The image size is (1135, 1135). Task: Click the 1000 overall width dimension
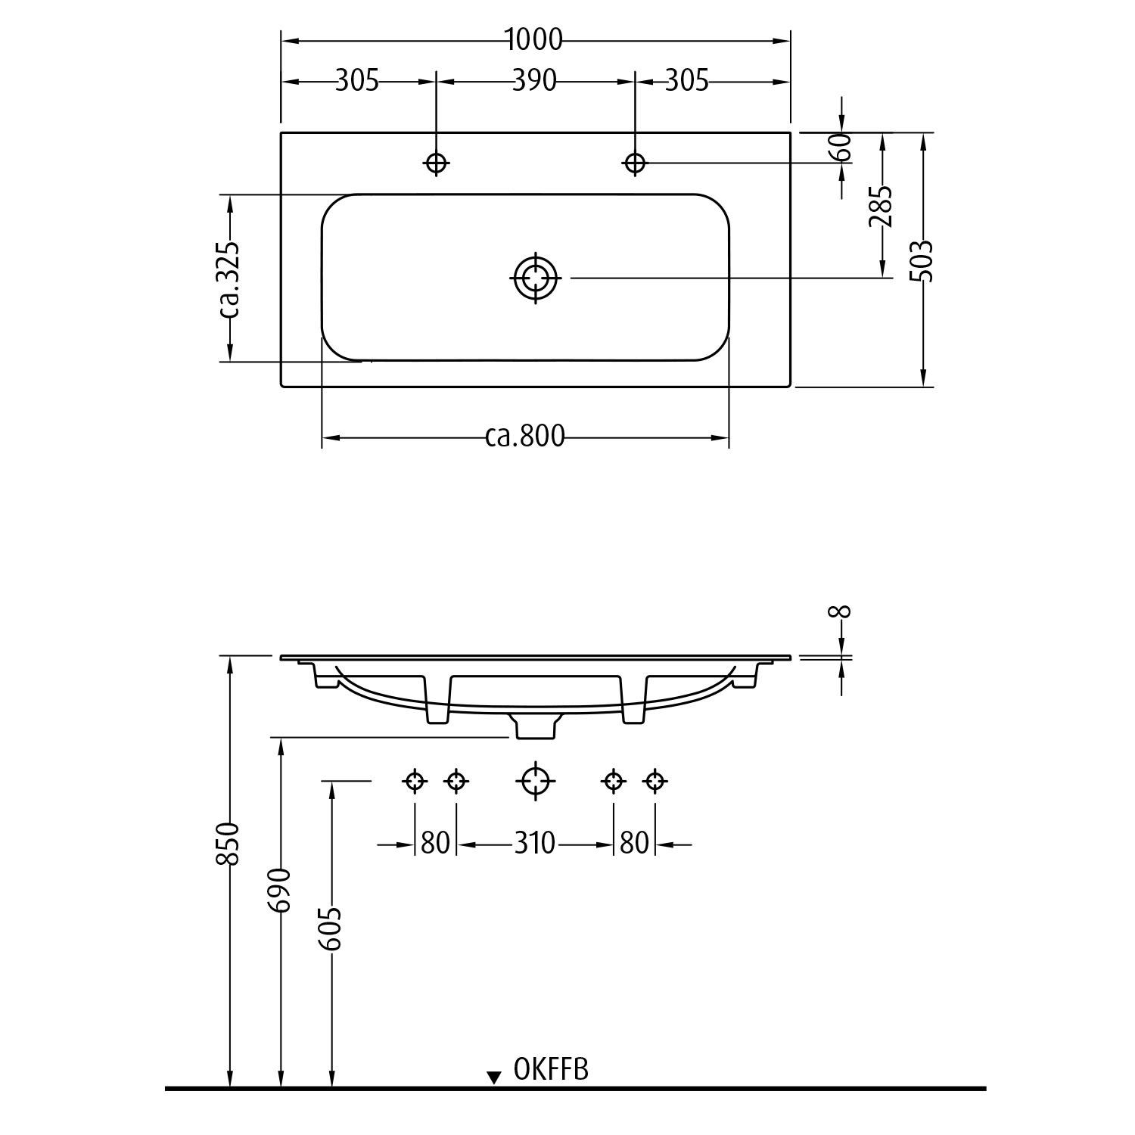pos(534,40)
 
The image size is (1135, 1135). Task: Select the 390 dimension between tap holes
pos(534,80)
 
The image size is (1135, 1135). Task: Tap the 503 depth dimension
pos(922,261)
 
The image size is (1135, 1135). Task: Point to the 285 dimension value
pos(881,206)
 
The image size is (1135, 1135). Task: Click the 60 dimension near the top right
pos(842,146)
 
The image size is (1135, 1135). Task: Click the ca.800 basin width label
pos(524,437)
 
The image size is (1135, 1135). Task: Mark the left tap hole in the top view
pos(436,163)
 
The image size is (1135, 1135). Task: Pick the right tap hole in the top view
pos(634,162)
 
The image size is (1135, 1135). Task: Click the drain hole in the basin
pos(536,278)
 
